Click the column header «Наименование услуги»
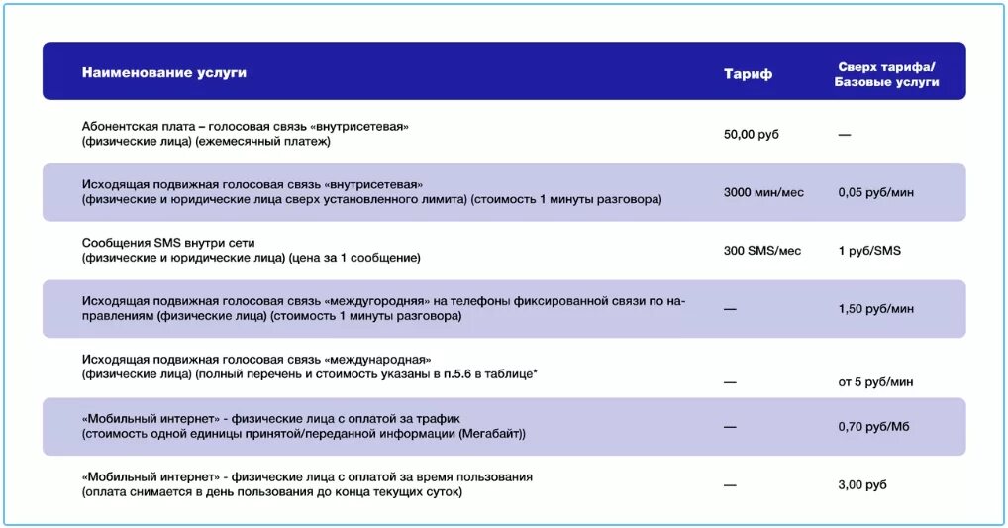pyautogui.click(x=164, y=73)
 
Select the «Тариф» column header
pyautogui.click(x=748, y=74)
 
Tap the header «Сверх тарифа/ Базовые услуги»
pyautogui.click(x=886, y=74)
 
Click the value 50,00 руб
pyautogui.click(x=752, y=134)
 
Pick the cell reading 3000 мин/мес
pyautogui.click(x=763, y=192)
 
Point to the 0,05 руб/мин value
pyautogui.click(x=875, y=192)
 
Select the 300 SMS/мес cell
pyautogui.click(x=761, y=251)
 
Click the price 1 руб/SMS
pyautogui.click(x=869, y=251)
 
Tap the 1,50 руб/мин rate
pyautogui.click(x=875, y=309)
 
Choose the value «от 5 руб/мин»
pyautogui.click(x=875, y=381)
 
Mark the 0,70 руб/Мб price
pyautogui.click(x=873, y=426)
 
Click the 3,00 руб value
pyautogui.click(x=862, y=484)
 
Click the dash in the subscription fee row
pyautogui.click(x=844, y=134)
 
